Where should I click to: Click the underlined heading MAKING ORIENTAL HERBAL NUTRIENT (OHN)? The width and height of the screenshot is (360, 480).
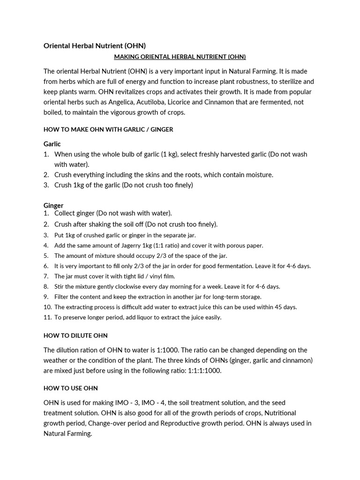coord(180,57)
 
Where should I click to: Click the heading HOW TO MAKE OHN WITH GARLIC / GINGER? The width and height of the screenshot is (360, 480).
coord(108,129)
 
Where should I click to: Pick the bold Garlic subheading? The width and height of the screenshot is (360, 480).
coord(52,144)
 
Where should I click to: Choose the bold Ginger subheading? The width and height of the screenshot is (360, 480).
coord(53,205)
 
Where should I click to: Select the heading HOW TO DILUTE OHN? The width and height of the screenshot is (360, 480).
coord(75,336)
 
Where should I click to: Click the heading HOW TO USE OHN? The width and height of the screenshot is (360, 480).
coord(71,388)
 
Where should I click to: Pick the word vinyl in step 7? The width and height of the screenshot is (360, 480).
coord(153,276)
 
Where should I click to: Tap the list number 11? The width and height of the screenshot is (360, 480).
coord(47,317)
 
